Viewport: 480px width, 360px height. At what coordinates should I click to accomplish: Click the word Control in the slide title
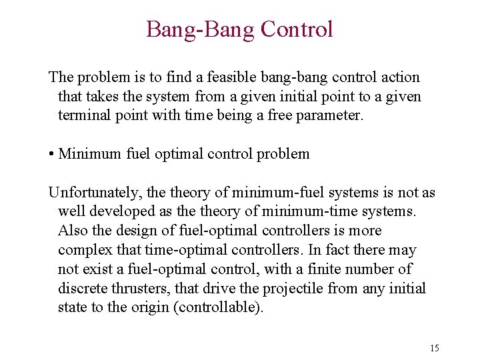(297, 29)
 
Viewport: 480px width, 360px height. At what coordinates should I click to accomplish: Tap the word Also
(71, 231)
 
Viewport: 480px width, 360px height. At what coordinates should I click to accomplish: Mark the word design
(131, 231)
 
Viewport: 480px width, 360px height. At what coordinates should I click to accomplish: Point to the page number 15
(435, 348)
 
